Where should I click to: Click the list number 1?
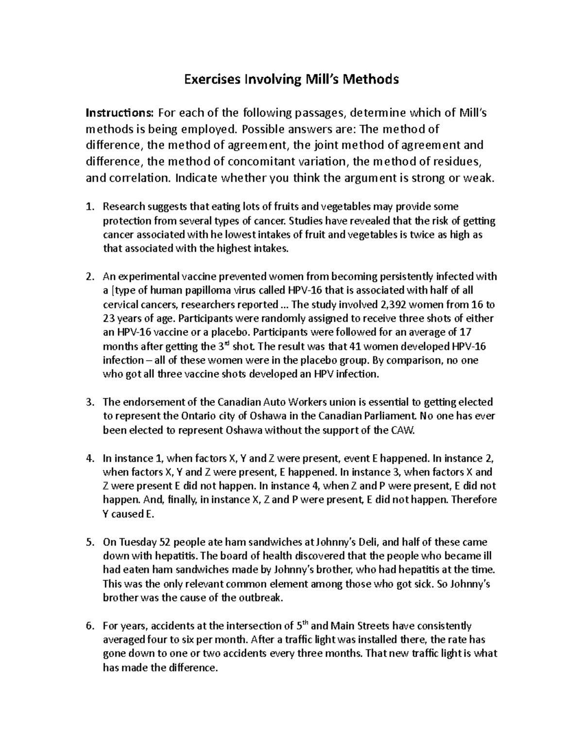(89, 207)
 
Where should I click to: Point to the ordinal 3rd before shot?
(222, 346)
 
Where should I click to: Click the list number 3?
(89, 403)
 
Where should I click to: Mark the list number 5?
(89, 542)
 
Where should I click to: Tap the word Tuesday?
(136, 542)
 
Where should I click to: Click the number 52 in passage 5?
(165, 542)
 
